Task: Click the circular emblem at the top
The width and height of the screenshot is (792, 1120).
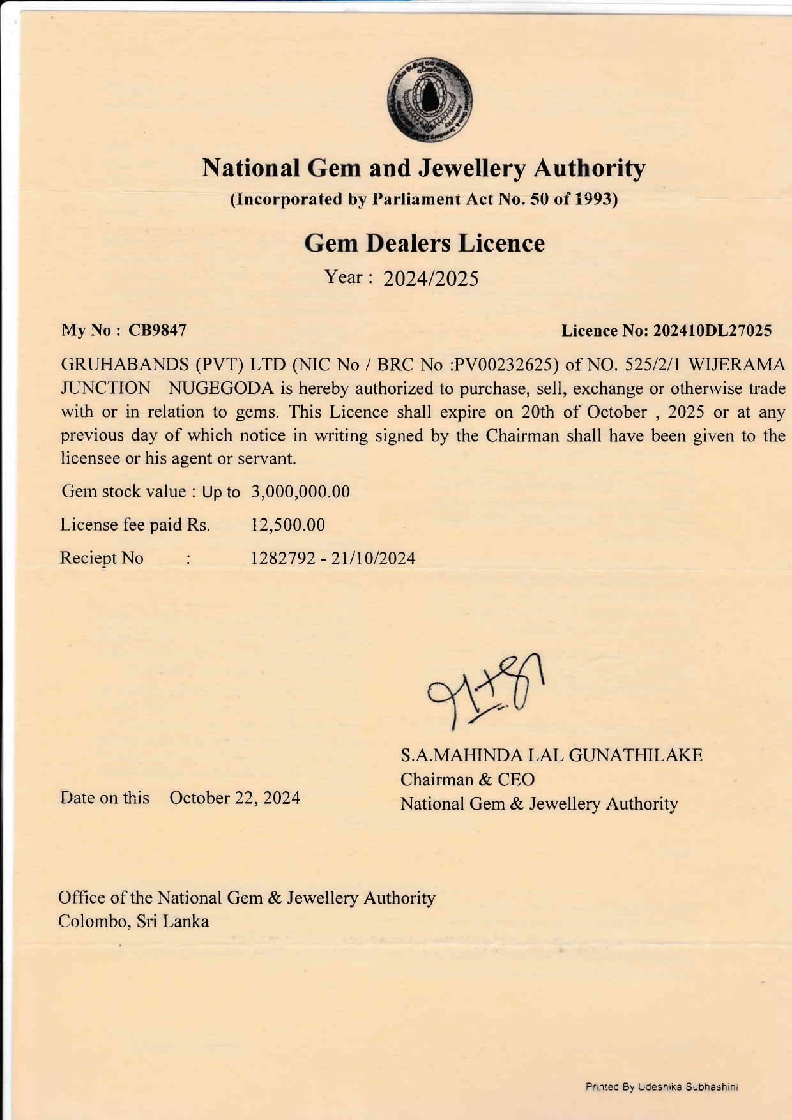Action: [429, 100]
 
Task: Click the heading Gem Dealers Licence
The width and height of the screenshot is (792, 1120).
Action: [424, 243]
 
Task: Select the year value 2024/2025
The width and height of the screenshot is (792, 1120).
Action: [430, 279]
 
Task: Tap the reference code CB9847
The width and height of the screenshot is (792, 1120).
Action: [157, 331]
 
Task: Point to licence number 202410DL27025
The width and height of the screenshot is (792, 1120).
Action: [713, 331]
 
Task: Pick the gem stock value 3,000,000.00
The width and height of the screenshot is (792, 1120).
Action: [301, 492]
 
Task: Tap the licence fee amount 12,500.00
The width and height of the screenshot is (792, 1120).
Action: [288, 525]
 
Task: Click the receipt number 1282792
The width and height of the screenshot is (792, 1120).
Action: [283, 559]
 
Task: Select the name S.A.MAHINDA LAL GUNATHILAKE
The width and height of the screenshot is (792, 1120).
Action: [551, 755]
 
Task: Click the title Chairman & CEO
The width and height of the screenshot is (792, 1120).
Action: [468, 780]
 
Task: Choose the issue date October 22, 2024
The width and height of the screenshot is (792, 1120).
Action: [234, 798]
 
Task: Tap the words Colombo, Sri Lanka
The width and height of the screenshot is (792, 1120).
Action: [133, 921]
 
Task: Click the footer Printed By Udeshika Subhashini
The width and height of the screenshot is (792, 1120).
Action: [662, 1086]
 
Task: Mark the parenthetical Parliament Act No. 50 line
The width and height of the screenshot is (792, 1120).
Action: [424, 199]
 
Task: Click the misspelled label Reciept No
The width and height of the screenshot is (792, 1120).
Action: [102, 558]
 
